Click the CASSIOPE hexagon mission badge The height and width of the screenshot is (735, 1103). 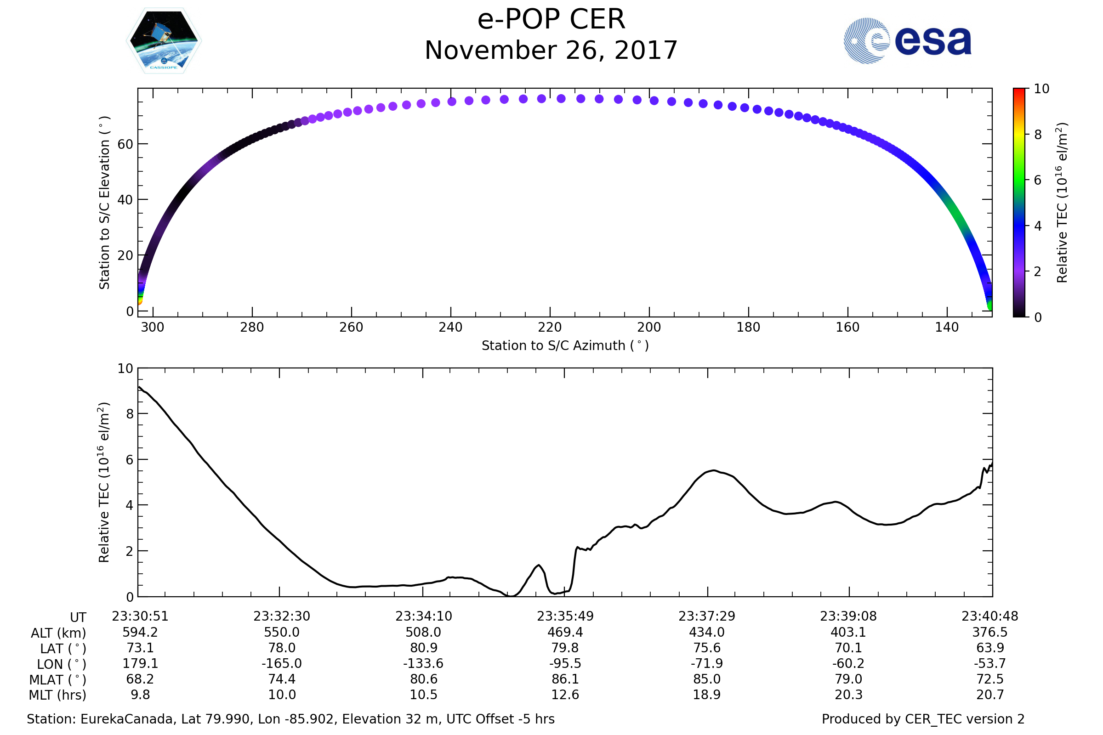164,41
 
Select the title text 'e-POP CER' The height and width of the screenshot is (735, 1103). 551,20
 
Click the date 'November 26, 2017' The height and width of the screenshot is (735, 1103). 551,51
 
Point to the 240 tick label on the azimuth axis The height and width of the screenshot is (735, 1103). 450,327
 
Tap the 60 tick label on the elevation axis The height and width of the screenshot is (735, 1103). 125,144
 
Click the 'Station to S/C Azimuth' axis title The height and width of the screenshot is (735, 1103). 565,346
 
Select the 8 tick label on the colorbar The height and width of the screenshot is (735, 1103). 1038,135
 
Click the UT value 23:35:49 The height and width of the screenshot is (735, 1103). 565,616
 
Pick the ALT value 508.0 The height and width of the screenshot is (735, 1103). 423,633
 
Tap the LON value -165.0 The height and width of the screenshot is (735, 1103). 281,664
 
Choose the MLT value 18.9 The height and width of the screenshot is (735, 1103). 707,695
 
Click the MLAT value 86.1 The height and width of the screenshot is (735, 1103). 565,679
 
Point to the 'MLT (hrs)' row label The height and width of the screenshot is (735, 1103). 58,695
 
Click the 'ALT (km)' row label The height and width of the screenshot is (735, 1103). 59,633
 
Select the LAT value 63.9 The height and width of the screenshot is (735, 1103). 990,648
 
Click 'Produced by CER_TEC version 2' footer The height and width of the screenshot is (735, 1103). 923,719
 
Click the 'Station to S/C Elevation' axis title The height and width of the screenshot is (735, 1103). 105,203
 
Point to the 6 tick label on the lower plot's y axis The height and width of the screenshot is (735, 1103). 130,460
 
